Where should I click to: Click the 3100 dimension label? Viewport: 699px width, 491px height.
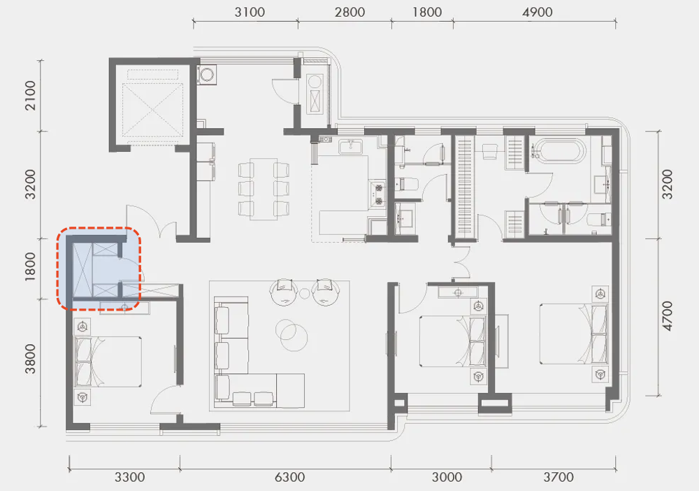250,12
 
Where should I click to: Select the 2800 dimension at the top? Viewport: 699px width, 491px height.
350,12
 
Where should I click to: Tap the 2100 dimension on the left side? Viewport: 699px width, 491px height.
30,95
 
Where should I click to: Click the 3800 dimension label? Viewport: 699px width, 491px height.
30,359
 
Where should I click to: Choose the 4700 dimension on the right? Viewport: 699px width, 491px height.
667,316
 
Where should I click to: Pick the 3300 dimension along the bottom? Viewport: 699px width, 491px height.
130,477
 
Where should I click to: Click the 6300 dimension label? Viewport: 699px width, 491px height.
290,477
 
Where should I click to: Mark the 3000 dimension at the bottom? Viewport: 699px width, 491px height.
447,477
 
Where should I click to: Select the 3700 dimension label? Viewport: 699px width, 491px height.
559,477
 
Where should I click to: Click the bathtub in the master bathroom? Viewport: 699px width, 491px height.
558,151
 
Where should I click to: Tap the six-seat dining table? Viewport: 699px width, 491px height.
264,189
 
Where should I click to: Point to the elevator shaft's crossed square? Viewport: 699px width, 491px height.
152,110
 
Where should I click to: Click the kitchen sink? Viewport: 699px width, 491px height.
350,146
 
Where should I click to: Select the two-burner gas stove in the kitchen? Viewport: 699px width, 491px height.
377,194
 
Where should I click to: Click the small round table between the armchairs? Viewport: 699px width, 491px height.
305,294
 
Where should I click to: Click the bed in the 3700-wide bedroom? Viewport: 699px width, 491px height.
573,334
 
